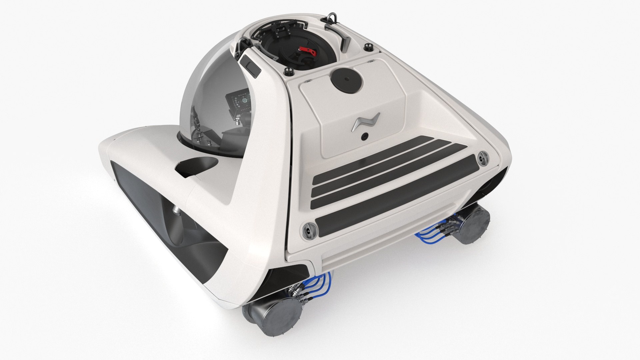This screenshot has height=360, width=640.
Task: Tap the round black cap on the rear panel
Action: [x=347, y=79]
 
